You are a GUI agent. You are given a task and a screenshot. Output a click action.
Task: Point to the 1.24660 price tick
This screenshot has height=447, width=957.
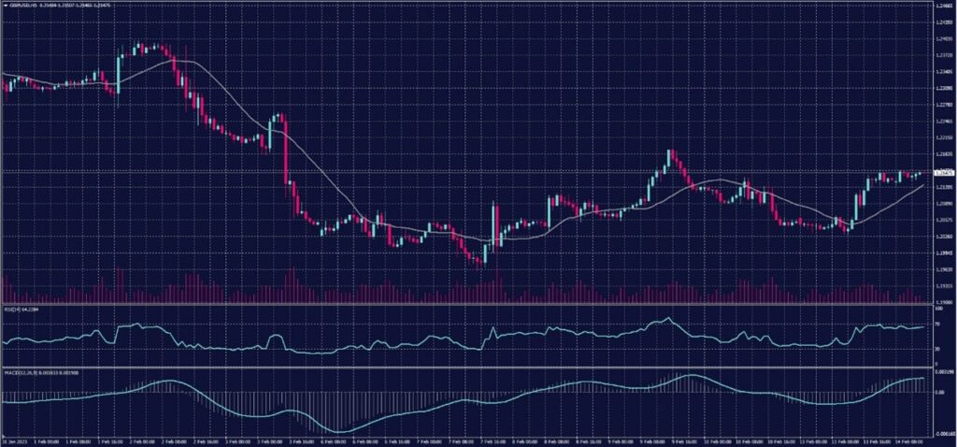tap(943, 6)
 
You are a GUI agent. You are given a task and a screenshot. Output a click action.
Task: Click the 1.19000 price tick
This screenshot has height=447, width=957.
tap(943, 302)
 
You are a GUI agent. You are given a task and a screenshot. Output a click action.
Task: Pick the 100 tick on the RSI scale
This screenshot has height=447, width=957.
tap(937, 309)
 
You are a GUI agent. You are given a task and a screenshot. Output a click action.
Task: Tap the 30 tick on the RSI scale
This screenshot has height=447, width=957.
tap(936, 349)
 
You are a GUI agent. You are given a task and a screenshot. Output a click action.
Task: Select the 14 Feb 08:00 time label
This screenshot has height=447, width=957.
tap(905, 441)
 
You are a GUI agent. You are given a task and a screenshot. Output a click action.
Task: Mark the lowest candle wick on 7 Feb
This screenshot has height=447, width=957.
tap(480, 267)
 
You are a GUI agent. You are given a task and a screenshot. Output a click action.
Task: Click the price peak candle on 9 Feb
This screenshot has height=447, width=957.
tap(669, 151)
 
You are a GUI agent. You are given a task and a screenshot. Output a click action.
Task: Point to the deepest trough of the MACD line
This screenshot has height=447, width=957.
tap(336, 431)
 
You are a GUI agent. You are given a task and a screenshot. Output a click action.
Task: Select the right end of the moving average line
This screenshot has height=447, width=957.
tap(923, 185)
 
